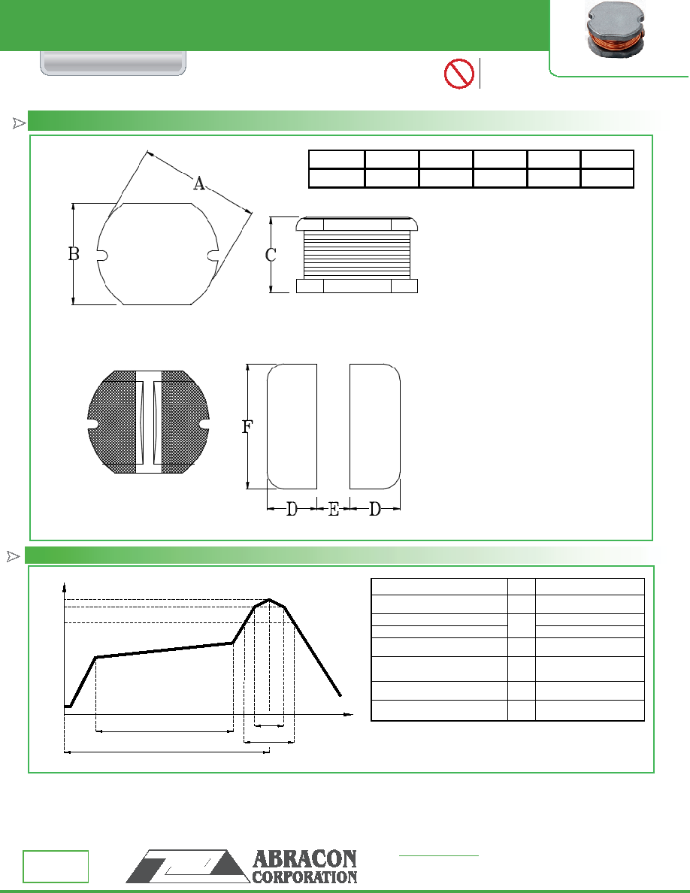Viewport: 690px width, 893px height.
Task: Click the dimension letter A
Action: tap(198, 184)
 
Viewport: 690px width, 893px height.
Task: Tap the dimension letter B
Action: tap(74, 253)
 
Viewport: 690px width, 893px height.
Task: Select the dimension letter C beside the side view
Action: tap(271, 255)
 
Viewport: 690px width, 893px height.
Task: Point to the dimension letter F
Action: tap(247, 426)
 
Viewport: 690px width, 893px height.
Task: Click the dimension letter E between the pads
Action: tap(334, 509)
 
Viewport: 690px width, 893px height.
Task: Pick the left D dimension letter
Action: tap(292, 509)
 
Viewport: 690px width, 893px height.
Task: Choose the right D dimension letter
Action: tap(374, 509)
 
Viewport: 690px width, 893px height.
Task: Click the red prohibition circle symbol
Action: tap(458, 74)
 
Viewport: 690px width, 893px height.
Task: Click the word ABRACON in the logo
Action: tap(304, 859)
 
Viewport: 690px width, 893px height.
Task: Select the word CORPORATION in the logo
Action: tap(304, 876)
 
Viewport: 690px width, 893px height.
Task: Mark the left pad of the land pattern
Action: tap(292, 426)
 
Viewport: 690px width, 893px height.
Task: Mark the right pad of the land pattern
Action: tap(374, 426)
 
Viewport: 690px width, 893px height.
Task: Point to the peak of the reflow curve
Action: tap(269, 600)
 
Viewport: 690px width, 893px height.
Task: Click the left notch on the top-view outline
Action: tap(102, 255)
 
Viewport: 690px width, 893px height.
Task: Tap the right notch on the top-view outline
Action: tap(213, 255)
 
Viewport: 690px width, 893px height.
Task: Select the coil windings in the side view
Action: tap(357, 255)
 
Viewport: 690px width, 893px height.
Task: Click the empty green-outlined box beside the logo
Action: tap(56, 866)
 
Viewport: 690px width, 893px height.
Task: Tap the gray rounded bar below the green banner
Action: tap(113, 64)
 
